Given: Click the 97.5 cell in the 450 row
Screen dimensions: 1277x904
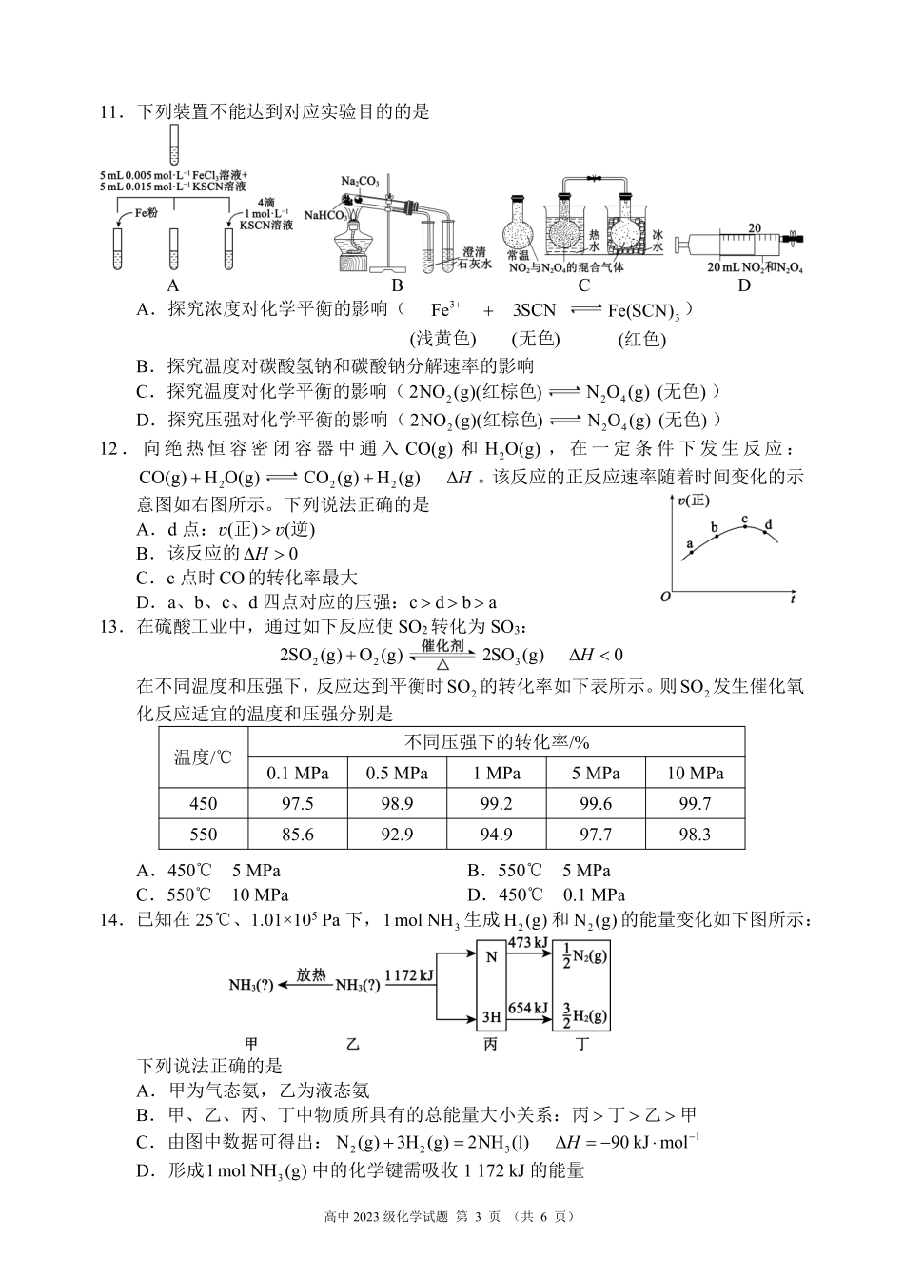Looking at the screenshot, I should pyautogui.click(x=298, y=804).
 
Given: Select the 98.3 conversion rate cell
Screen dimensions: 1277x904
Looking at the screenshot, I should pyautogui.click(x=695, y=835).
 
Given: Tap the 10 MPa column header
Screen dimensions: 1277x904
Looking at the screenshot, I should pyautogui.click(x=695, y=774).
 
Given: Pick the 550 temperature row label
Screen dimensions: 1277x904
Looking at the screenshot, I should pyautogui.click(x=204, y=835).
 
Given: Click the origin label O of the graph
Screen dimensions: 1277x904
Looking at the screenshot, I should pyautogui.click(x=665, y=597).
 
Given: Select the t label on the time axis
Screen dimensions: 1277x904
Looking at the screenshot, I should pyautogui.click(x=792, y=599).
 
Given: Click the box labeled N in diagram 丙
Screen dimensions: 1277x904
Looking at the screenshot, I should pyautogui.click(x=491, y=957).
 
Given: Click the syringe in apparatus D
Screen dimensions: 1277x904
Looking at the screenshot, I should pyautogui.click(x=742, y=243).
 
